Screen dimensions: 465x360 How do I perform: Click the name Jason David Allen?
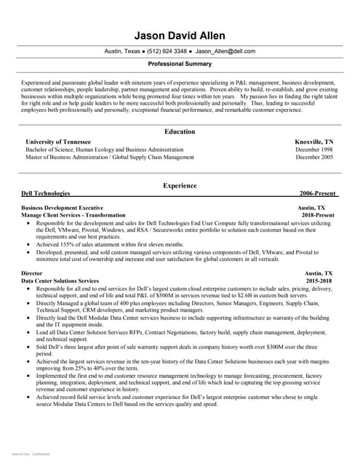(180, 36)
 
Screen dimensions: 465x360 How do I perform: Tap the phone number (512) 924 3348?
(167, 52)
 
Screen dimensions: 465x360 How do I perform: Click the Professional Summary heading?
(180, 64)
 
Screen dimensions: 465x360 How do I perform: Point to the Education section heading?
(180, 132)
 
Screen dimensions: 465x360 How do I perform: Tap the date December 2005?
(314, 156)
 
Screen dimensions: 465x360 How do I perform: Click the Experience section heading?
(180, 186)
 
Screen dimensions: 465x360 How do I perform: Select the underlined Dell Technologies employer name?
(46, 194)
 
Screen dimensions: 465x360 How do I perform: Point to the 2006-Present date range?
(316, 194)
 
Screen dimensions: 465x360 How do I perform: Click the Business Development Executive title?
(63, 208)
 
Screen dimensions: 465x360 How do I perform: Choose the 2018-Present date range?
(319, 215)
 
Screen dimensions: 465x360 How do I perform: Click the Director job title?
(33, 272)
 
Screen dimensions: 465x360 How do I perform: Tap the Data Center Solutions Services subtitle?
(60, 280)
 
